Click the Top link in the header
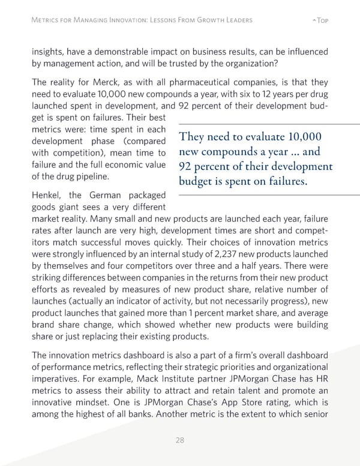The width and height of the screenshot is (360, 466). click(x=320, y=20)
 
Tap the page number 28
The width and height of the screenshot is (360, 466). click(x=179, y=440)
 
